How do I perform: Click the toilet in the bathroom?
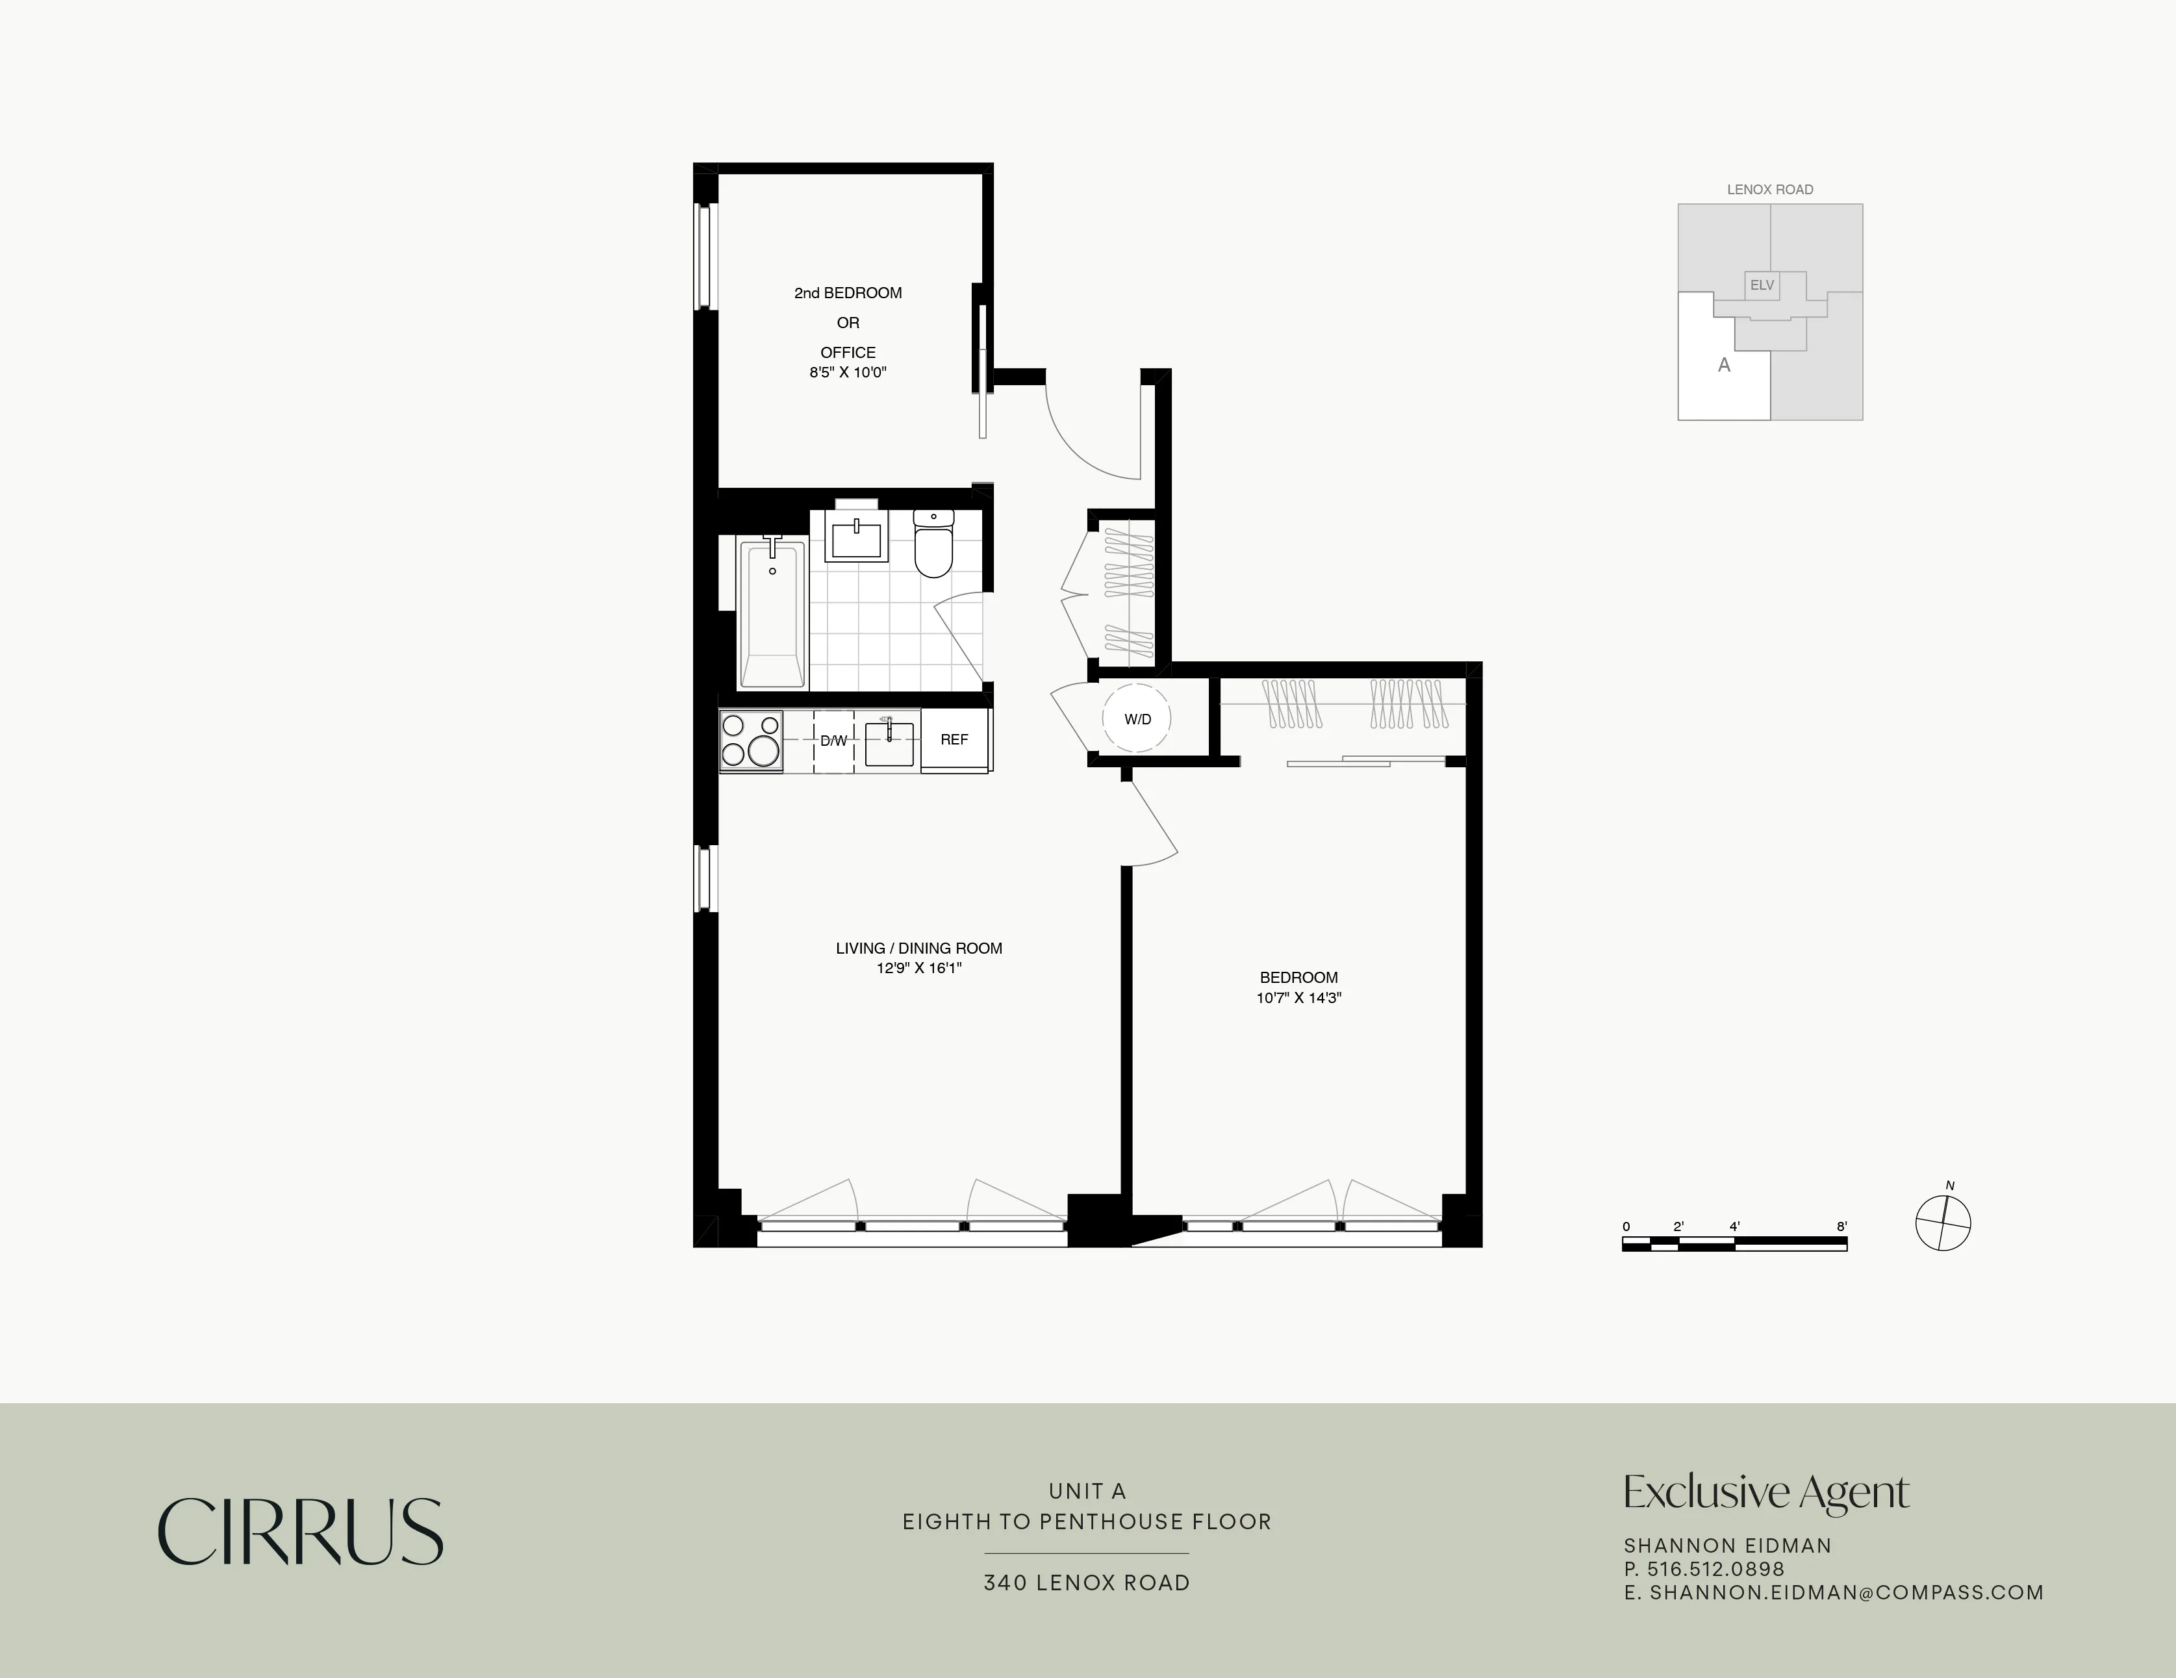pos(933,546)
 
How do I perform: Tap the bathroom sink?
pos(856,539)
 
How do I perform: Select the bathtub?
pos(772,613)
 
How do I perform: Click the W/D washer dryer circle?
pos(1137,718)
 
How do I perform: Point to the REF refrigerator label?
pos(954,739)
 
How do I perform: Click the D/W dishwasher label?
pos(833,741)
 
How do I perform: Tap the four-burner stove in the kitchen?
pos(750,741)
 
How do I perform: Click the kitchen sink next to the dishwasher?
pos(889,741)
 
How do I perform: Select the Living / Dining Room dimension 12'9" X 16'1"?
pos(918,967)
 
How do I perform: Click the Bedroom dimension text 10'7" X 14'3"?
pos(1298,997)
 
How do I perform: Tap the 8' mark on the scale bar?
pos(1841,1227)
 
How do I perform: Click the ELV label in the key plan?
pos(1762,285)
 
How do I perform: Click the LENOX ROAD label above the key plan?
pos(1769,189)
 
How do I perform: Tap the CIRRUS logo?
pos(300,1532)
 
